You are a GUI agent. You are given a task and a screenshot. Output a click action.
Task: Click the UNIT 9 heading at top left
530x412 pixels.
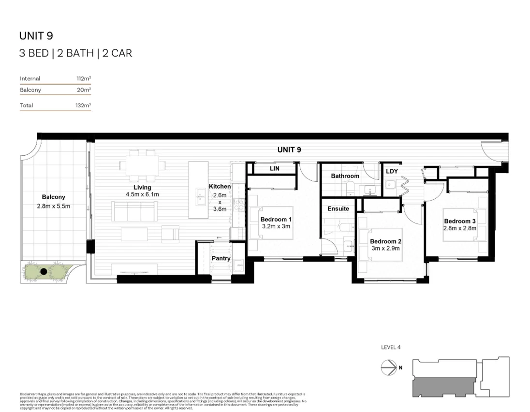pyautogui.click(x=36, y=35)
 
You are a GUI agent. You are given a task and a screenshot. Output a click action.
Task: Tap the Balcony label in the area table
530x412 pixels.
pyautogui.click(x=30, y=90)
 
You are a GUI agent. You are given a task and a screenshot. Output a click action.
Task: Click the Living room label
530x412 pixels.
pyautogui.click(x=142, y=187)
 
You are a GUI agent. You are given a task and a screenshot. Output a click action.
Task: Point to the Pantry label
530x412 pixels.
pyautogui.click(x=221, y=258)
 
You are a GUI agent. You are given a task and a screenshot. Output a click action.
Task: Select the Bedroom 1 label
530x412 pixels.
pyautogui.click(x=276, y=219)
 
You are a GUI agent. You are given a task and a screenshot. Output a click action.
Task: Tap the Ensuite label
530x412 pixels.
pyautogui.click(x=338, y=208)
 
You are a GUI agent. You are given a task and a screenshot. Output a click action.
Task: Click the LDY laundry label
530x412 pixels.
pyautogui.click(x=392, y=171)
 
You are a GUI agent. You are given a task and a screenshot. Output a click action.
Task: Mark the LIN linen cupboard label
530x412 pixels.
pyautogui.click(x=275, y=168)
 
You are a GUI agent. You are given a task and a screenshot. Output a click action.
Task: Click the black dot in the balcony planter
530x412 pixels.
pyautogui.click(x=44, y=272)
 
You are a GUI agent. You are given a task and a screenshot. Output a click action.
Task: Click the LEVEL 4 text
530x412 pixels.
pyautogui.click(x=391, y=347)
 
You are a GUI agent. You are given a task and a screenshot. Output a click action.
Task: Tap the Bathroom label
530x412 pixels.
pyautogui.click(x=345, y=176)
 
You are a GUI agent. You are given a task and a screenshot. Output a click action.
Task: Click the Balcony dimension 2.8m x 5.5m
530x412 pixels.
pyautogui.click(x=54, y=206)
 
